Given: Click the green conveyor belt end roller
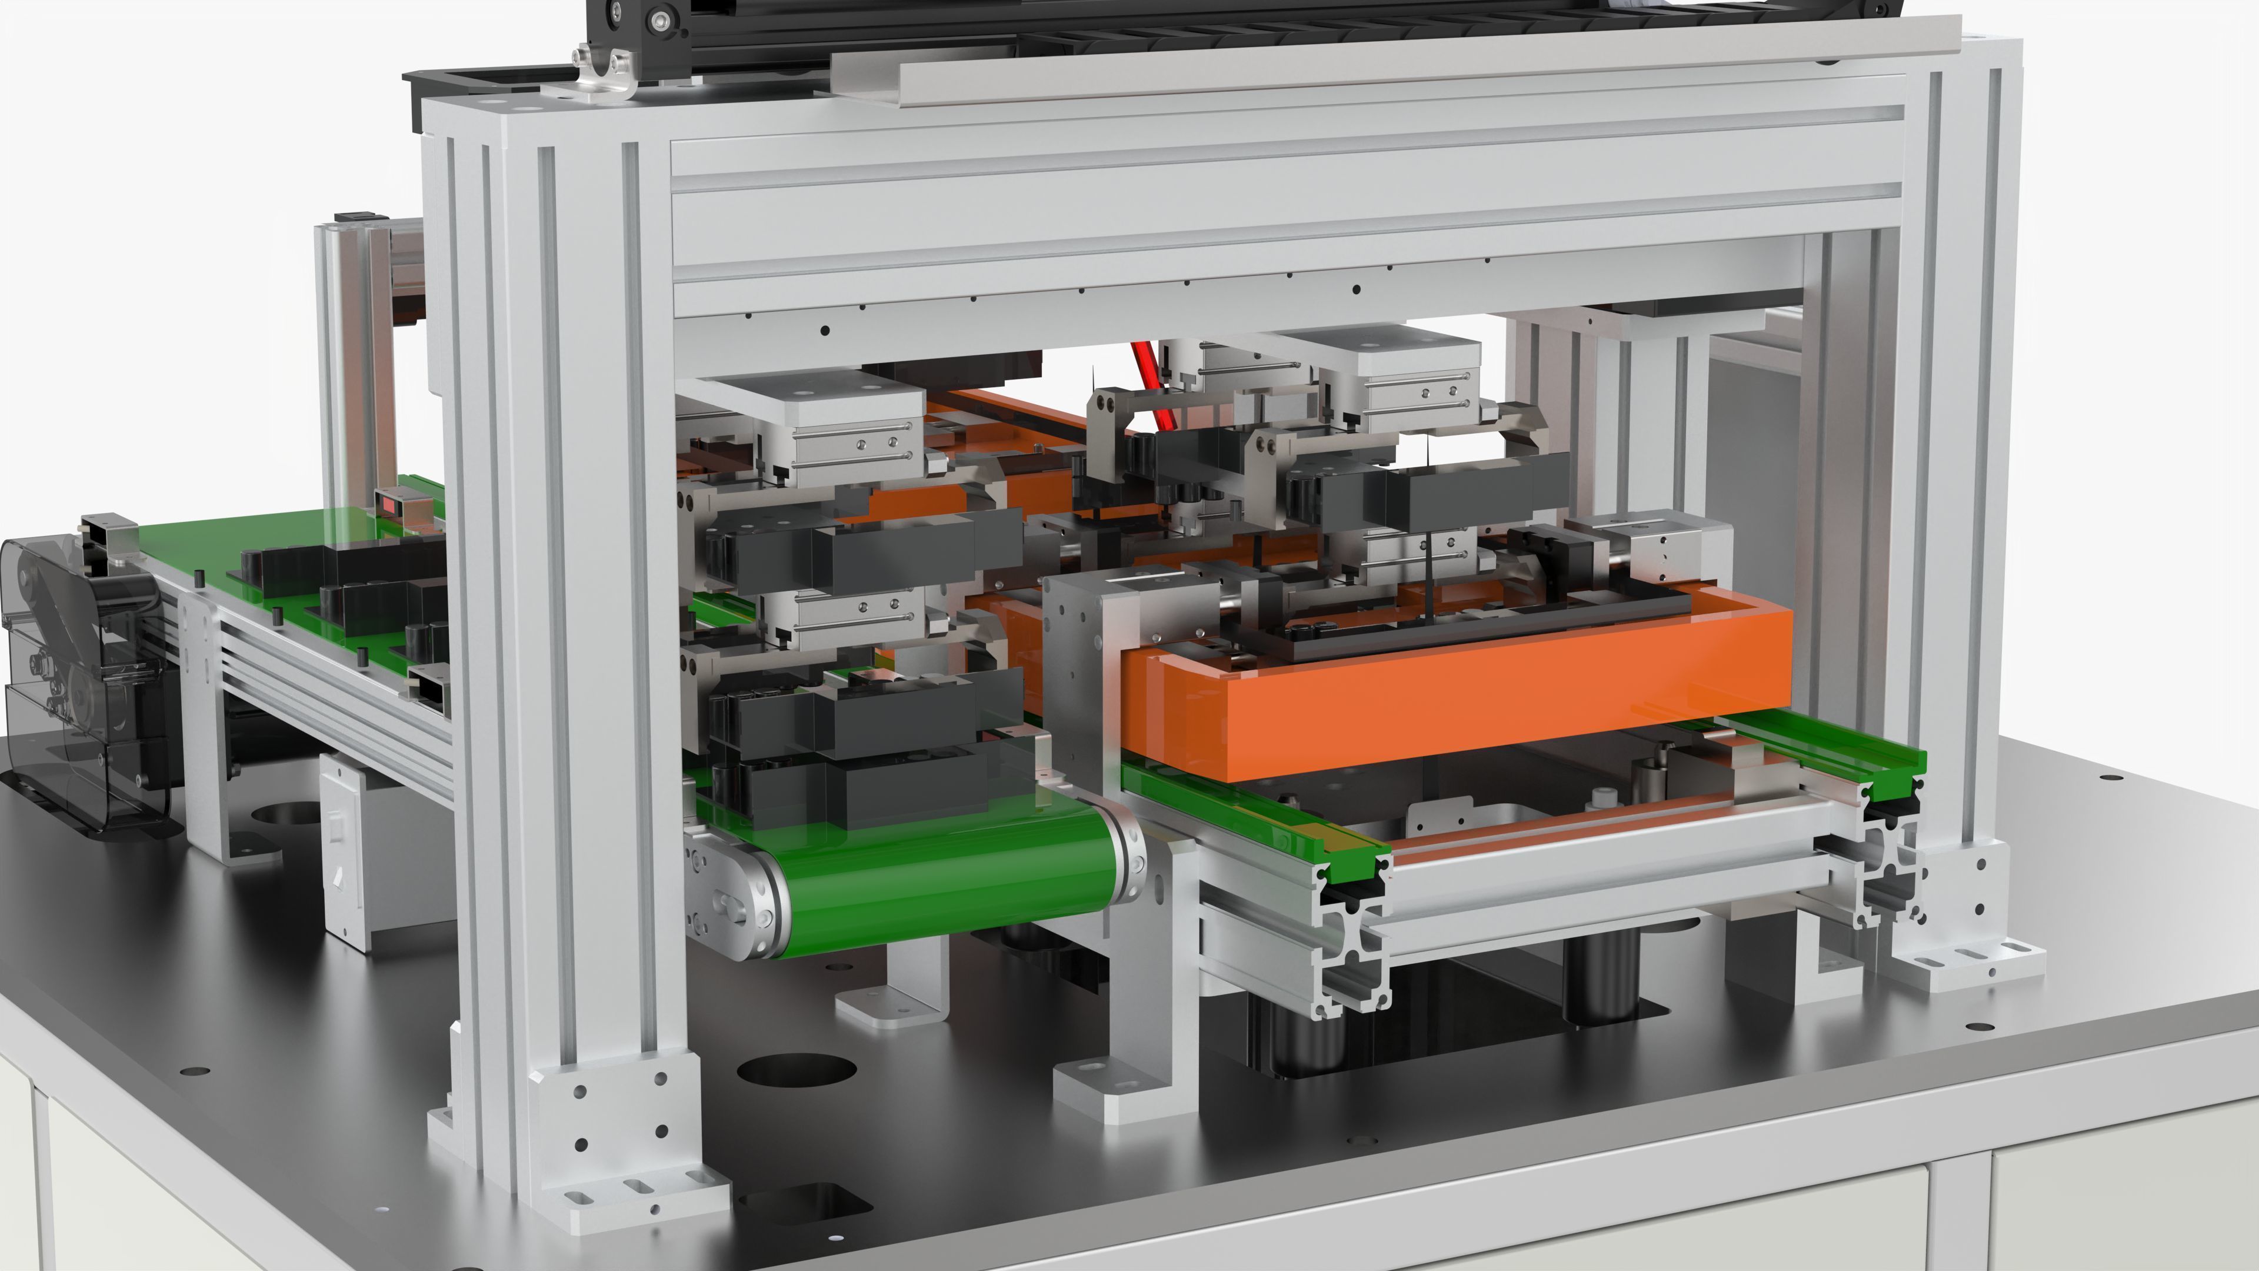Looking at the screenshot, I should (x=947, y=886).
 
